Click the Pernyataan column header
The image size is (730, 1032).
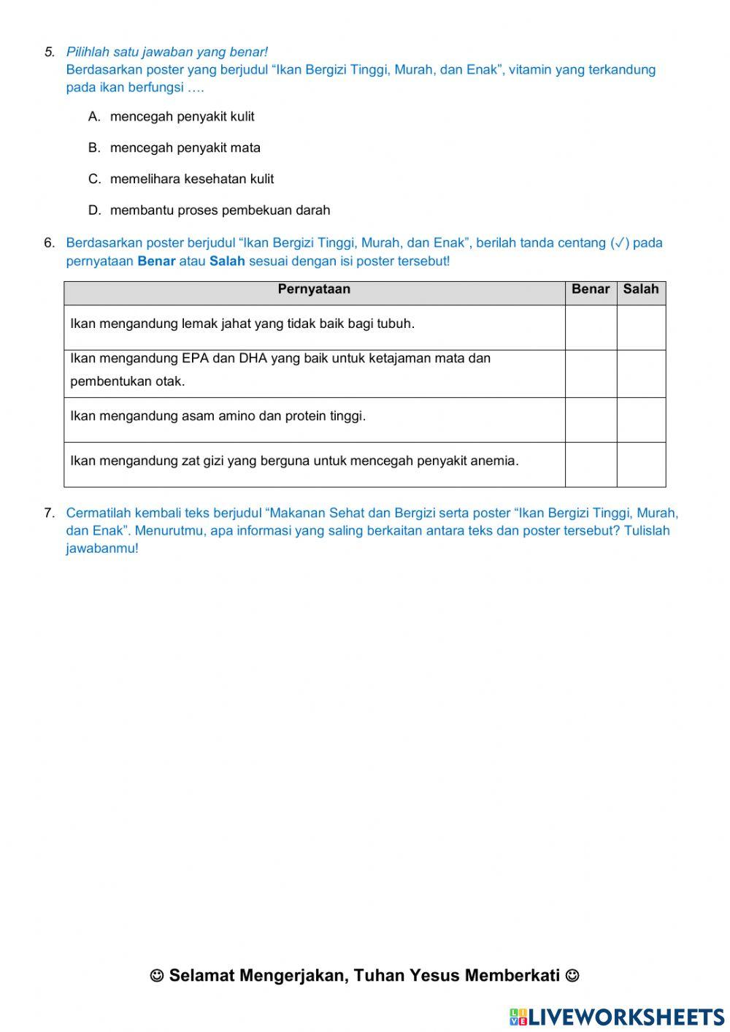(x=314, y=289)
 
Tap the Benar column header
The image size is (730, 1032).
(x=591, y=289)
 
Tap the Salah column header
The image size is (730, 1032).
(x=641, y=289)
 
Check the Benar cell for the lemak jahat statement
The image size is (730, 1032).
(x=591, y=327)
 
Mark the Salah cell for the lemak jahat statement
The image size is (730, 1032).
(x=641, y=327)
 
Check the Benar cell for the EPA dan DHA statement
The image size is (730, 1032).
(x=591, y=373)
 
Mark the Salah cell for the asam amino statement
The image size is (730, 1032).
(x=641, y=420)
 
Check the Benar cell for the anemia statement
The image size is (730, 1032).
(x=591, y=465)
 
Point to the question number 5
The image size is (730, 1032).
(x=50, y=52)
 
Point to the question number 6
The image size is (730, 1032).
(x=50, y=243)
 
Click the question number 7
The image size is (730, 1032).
(x=50, y=513)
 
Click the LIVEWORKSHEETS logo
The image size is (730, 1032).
(x=616, y=1016)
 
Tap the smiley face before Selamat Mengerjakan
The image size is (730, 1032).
(x=157, y=976)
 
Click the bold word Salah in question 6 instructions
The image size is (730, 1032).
(x=227, y=261)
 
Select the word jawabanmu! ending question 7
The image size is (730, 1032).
(x=101, y=549)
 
